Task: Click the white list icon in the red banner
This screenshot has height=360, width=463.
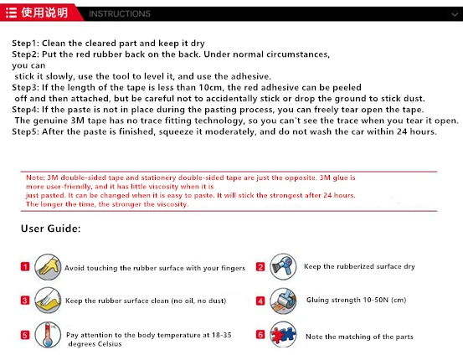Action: pyautogui.click(x=11, y=13)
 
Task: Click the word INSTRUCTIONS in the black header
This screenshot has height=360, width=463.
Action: pyautogui.click(x=120, y=13)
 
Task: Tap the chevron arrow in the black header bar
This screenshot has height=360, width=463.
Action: pyautogui.click(x=455, y=14)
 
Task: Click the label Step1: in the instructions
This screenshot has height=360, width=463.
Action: pyautogui.click(x=25, y=44)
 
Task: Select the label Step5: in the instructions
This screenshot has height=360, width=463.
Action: pyautogui.click(x=25, y=131)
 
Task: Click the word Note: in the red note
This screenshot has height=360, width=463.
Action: pyautogui.click(x=35, y=177)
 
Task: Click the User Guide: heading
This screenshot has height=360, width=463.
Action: pyautogui.click(x=51, y=229)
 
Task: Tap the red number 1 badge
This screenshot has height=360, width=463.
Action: pyautogui.click(x=25, y=267)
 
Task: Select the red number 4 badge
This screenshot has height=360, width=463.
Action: pyautogui.click(x=260, y=301)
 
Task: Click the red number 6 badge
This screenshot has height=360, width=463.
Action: pyautogui.click(x=260, y=335)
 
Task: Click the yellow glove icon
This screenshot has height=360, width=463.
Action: pyautogui.click(x=48, y=267)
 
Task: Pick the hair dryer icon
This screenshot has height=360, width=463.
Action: pyautogui.click(x=283, y=266)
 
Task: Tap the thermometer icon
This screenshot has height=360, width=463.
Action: pyautogui.click(x=48, y=335)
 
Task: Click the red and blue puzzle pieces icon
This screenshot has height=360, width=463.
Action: pyautogui.click(x=283, y=335)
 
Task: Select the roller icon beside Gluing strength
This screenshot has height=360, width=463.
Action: pyautogui.click(x=283, y=301)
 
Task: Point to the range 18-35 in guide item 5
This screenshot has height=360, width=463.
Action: pyautogui.click(x=222, y=335)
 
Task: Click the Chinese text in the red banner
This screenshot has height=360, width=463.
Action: pyautogui.click(x=44, y=13)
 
